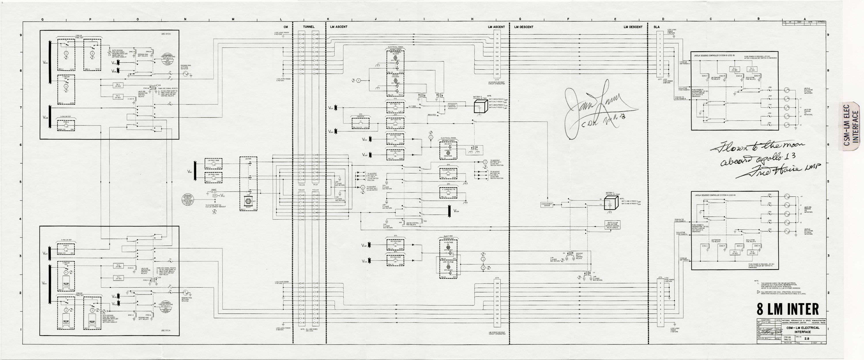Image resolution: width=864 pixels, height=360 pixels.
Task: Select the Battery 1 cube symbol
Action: [x=611, y=203]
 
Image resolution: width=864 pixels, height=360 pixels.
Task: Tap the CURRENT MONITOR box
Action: [x=452, y=106]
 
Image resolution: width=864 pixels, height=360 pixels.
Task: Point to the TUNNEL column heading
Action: [x=308, y=27]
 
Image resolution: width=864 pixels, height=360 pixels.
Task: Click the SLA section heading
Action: [x=656, y=27]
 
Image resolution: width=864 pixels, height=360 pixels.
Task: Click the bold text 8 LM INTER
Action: [x=787, y=309]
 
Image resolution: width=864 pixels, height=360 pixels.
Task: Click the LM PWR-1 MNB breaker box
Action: [x=213, y=163]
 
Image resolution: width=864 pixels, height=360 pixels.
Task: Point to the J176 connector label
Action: [x=660, y=277]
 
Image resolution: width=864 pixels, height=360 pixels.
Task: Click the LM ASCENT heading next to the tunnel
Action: [x=338, y=27]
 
